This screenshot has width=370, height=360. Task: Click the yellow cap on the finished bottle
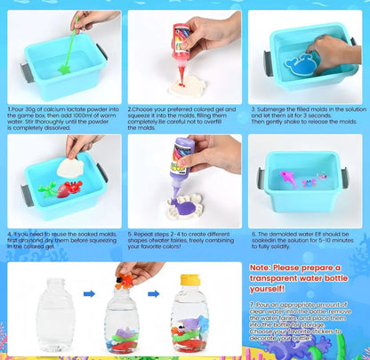pyautogui.click(x=189, y=278)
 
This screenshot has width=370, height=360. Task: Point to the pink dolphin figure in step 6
pyautogui.click(x=287, y=185)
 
